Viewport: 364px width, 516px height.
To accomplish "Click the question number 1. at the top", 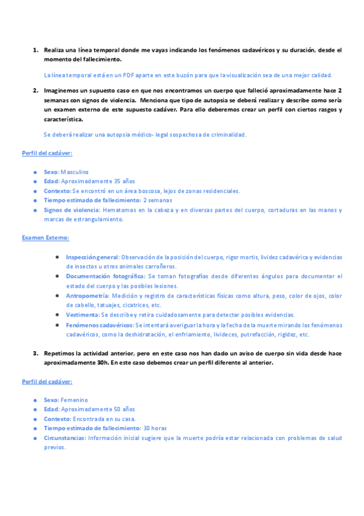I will [x=36, y=50].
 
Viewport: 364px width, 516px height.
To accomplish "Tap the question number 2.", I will [x=36, y=90].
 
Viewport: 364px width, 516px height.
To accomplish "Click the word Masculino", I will [x=74, y=172].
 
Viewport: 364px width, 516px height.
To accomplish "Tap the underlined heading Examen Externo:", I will [x=46, y=237].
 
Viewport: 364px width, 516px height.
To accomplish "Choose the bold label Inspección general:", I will [x=92, y=257].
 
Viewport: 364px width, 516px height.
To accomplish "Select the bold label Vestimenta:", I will [x=83, y=315].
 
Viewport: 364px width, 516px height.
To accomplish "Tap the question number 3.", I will [x=36, y=353].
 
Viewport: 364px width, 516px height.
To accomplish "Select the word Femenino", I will [x=74, y=400].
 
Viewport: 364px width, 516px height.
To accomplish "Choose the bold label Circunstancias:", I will [x=64, y=438].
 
